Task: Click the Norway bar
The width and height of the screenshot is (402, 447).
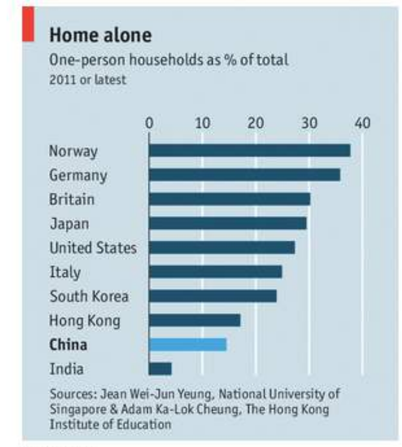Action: (x=249, y=151)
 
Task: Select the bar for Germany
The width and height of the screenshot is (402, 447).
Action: (x=244, y=175)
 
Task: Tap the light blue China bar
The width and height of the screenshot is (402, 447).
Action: (x=188, y=345)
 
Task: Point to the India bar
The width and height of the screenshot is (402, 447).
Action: (x=160, y=369)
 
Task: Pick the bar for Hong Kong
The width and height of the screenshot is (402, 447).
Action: (x=195, y=320)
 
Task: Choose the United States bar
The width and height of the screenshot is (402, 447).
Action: (x=221, y=248)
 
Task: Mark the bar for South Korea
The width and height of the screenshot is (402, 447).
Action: (x=213, y=296)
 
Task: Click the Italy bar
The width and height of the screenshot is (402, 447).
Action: (x=215, y=272)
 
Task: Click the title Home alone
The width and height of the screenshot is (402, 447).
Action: (x=100, y=36)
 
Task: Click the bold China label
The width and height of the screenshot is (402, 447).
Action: (x=68, y=345)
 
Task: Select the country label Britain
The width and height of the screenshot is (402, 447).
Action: (x=71, y=199)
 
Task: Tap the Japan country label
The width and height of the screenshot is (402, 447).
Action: (x=69, y=224)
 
